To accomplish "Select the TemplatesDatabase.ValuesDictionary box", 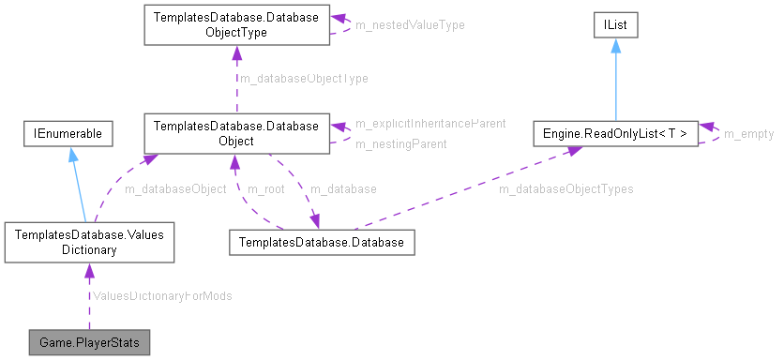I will click(x=88, y=243).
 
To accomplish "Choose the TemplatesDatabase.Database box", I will click(x=322, y=243).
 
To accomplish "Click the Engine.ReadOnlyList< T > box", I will click(x=615, y=134).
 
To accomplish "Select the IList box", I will click(x=615, y=25).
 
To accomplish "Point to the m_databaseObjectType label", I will click(x=304, y=79).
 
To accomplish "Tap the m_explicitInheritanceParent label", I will click(x=430, y=123).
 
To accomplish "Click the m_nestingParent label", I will click(x=400, y=143).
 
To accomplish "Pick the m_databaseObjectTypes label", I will click(x=565, y=188).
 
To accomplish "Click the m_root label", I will click(x=265, y=188).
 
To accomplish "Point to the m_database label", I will click(x=342, y=188).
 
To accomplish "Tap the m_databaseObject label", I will click(x=175, y=188).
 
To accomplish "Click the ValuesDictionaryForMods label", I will click(x=162, y=294).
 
